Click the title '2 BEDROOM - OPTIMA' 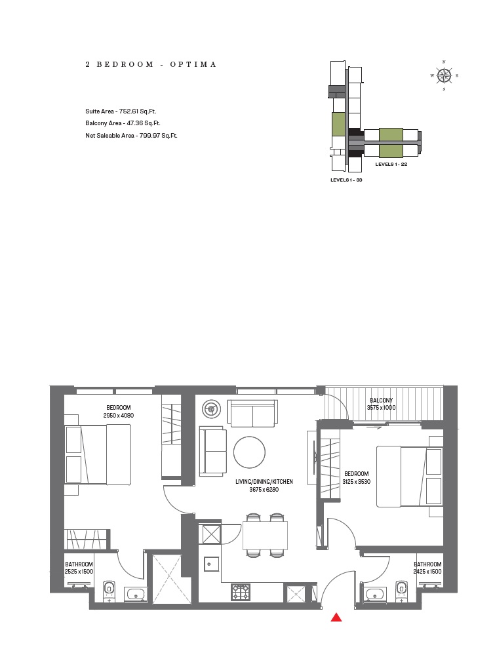(151, 65)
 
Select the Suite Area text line (121, 111)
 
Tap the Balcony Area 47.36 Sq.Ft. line (123, 123)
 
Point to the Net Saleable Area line (131, 136)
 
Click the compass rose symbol (444, 75)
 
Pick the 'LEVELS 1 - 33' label (346, 180)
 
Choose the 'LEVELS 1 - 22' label (391, 165)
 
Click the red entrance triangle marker (336, 617)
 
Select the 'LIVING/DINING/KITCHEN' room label (264, 482)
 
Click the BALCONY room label (381, 401)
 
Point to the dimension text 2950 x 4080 (118, 416)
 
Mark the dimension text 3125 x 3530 (357, 482)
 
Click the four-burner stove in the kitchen (241, 593)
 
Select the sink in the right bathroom (376, 595)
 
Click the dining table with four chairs (265, 535)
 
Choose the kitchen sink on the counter (211, 564)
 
